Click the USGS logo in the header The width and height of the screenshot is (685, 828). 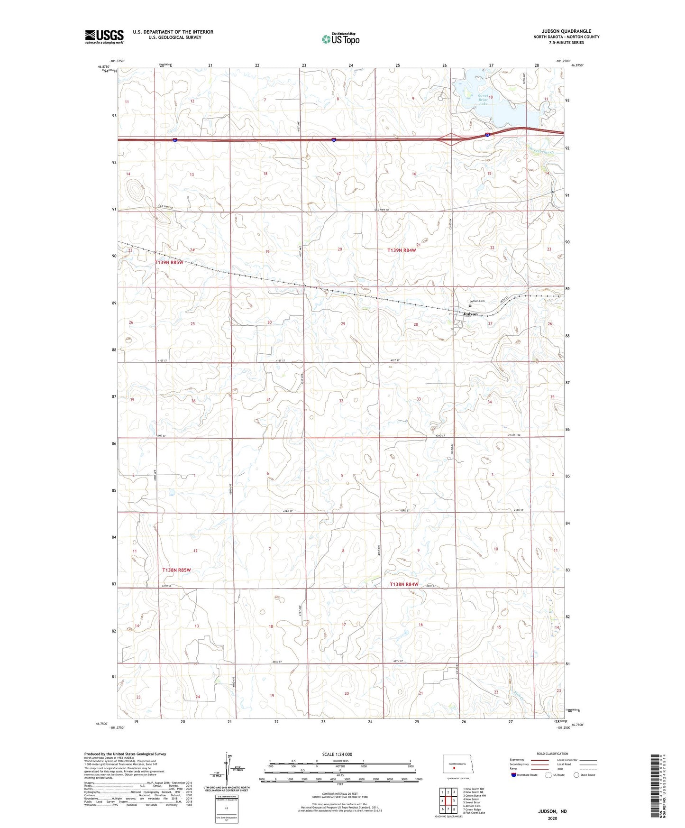coord(104,37)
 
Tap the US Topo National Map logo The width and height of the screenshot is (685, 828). coord(340,39)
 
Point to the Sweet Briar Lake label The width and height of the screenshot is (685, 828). coord(483,100)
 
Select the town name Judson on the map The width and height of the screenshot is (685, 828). coord(470,314)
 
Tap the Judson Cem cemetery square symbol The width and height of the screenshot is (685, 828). coord(470,306)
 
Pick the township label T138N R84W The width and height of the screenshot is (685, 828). coord(404,584)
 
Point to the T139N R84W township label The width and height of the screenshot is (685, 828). coord(402,250)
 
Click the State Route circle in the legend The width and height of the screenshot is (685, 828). coord(576,775)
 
